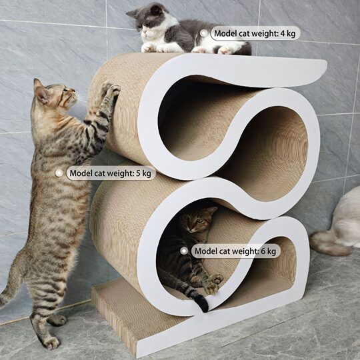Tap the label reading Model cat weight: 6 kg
coord(235,251)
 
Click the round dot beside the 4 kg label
coord(203,33)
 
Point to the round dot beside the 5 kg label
coord(59,173)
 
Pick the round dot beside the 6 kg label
coord(184,251)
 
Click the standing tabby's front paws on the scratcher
coord(108,90)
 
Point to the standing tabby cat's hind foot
coord(51,341)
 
